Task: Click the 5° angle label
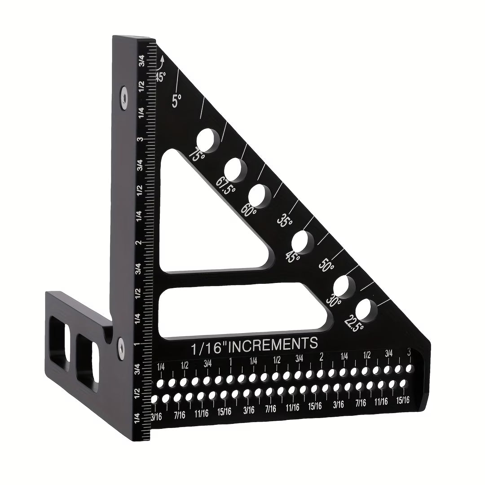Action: tap(176, 100)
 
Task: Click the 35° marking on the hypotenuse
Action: tap(285, 221)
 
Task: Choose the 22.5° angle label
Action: tap(354, 322)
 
